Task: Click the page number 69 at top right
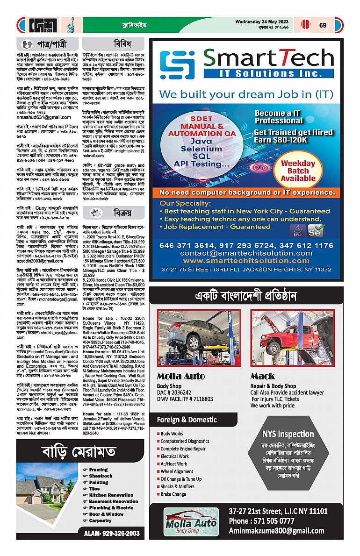[323, 25]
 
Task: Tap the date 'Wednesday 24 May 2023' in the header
[264, 22]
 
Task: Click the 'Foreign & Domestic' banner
[187, 420]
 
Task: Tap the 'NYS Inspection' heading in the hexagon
[288, 434]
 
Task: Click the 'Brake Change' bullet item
[173, 494]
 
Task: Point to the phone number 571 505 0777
[262, 521]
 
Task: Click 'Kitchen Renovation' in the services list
[111, 495]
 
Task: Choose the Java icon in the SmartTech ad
[295, 230]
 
